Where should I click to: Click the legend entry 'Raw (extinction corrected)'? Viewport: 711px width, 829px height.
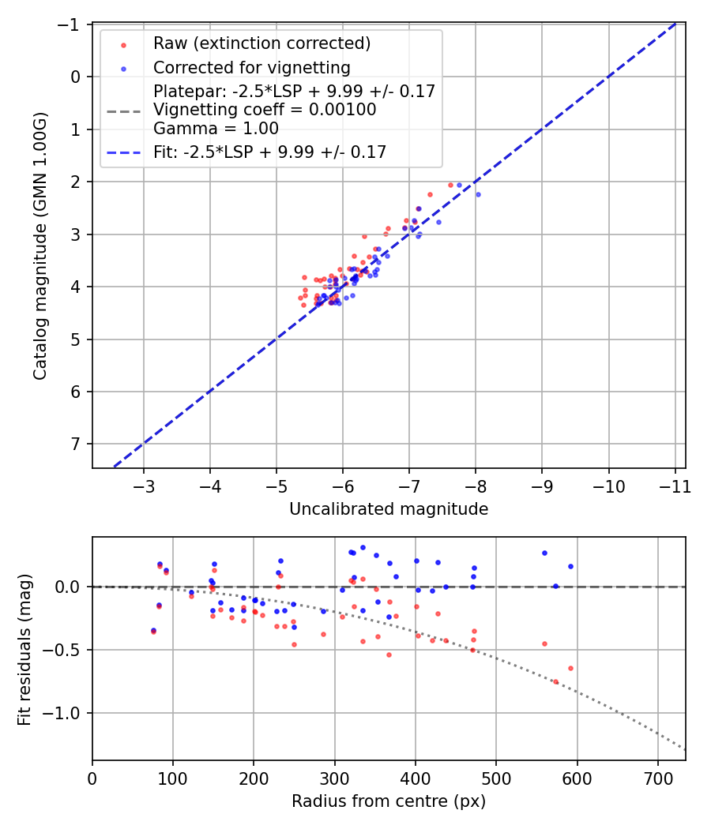click(261, 43)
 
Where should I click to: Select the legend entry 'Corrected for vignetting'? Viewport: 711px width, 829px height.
click(251, 67)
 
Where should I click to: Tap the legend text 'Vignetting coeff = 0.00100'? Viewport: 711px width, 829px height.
click(265, 110)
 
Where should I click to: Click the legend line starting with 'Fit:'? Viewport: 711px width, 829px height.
click(269, 152)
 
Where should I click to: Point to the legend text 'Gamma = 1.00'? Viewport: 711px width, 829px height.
click(216, 128)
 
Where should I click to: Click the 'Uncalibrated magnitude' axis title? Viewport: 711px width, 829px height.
click(389, 509)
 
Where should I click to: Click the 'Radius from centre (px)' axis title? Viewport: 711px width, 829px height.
click(389, 801)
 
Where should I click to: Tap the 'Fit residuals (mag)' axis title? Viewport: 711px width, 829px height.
click(24, 648)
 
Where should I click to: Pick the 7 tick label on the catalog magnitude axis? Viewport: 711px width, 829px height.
click(76, 444)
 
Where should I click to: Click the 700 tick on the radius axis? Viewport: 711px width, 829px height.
click(657, 777)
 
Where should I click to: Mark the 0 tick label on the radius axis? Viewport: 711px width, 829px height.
click(92, 777)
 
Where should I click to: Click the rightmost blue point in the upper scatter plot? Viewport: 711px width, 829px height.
click(478, 194)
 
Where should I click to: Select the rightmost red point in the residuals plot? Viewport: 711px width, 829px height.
click(570, 668)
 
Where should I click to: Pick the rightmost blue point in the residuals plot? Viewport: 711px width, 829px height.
click(570, 566)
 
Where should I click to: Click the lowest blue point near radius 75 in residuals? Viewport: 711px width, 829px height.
click(153, 630)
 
